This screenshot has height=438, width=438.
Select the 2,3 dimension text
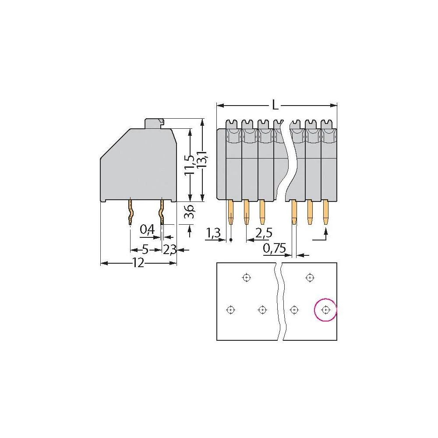[170, 250]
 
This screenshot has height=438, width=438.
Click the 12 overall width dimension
[138, 263]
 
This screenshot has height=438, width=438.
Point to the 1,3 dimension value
[213, 234]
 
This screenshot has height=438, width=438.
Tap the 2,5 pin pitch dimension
[264, 234]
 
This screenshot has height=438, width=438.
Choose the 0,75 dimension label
[275, 249]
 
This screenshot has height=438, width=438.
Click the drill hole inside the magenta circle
[325, 310]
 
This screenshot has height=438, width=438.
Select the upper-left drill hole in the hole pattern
[247, 277]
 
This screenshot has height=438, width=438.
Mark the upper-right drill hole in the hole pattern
[310, 277]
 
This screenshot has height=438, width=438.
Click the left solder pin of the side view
[131, 212]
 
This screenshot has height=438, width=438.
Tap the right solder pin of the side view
[162, 212]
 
